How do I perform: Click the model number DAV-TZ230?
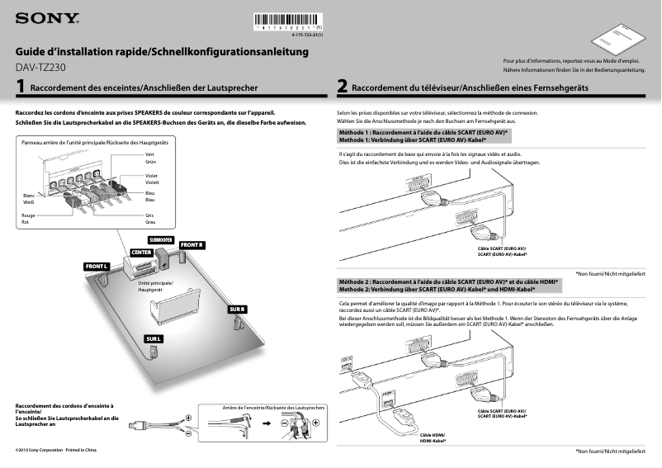45,67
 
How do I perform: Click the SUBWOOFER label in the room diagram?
160,239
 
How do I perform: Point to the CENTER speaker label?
141,250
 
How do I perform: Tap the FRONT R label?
192,245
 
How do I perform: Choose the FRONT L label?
96,267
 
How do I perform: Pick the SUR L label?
154,339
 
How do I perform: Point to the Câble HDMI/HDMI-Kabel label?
433,437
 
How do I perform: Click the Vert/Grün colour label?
150,158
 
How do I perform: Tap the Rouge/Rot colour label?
30,219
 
